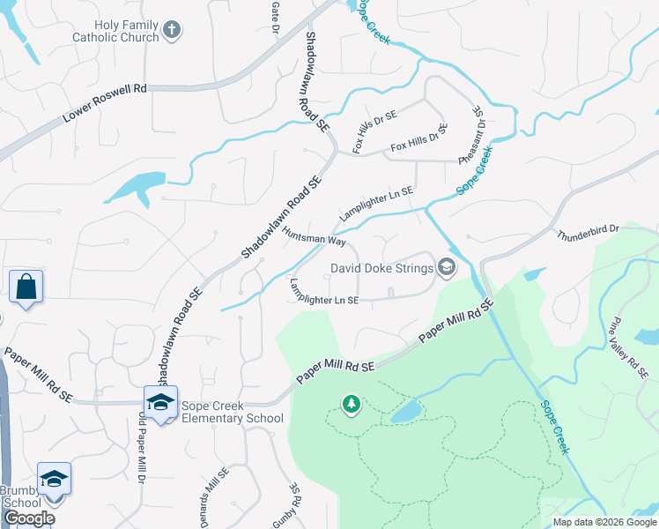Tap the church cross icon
pos(172,30)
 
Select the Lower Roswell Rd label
pos(105,105)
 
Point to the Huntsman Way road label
pos(313,237)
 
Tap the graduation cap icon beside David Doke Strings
pos(447,267)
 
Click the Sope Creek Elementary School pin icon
pos(161,403)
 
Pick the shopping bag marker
pos(26,287)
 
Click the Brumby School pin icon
pos(54,479)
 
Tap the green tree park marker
pos(352,405)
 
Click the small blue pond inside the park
pos(406,412)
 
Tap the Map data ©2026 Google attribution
pos(603,522)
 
